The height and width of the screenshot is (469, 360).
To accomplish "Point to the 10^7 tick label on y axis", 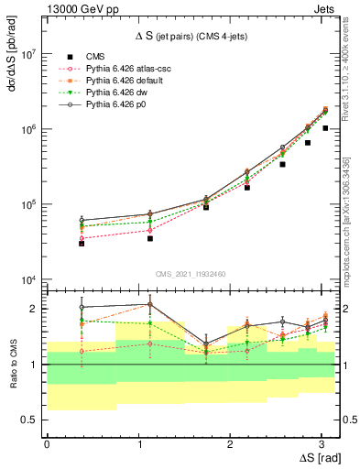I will click(x=27, y=54).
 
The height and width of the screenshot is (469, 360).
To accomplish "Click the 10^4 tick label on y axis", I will click(x=27, y=280).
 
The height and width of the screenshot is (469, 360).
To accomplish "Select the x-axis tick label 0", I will click(x=47, y=444).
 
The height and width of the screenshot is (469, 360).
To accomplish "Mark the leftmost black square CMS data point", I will click(x=82, y=244).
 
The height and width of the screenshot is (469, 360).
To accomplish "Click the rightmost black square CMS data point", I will click(x=325, y=128).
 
